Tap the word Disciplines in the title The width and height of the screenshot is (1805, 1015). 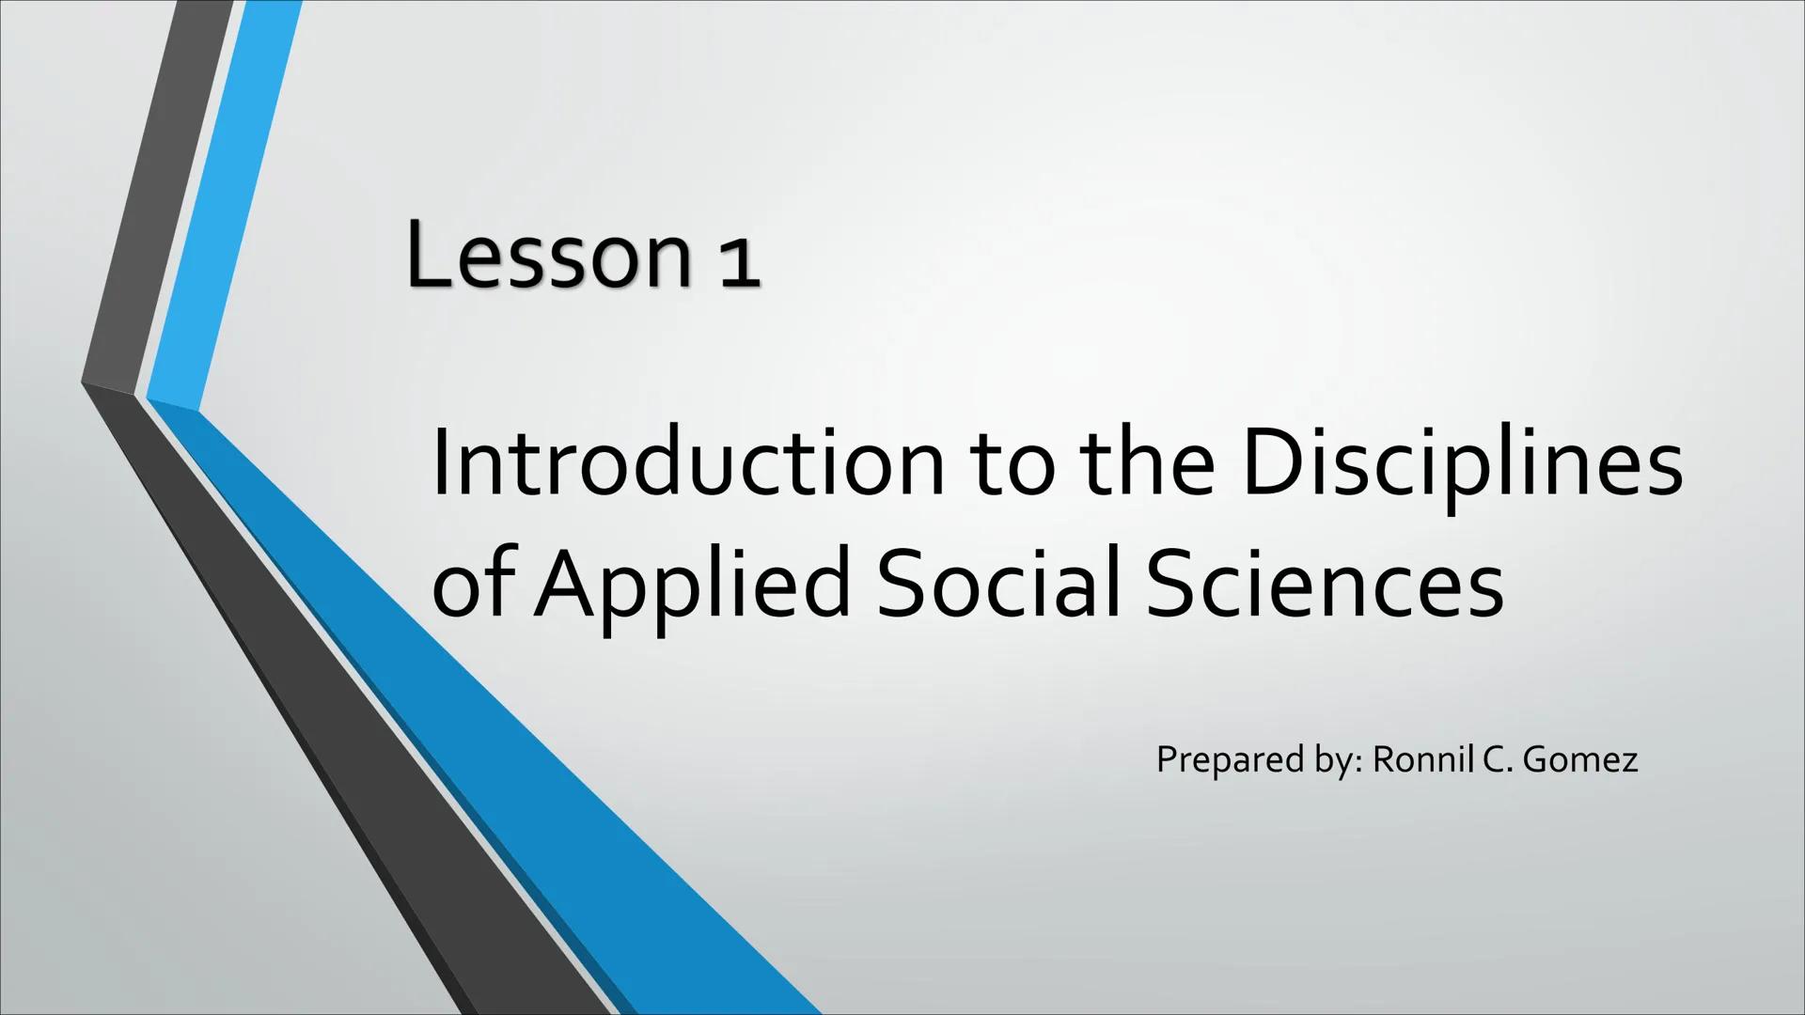point(1462,466)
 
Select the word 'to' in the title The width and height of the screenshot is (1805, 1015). point(1020,466)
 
